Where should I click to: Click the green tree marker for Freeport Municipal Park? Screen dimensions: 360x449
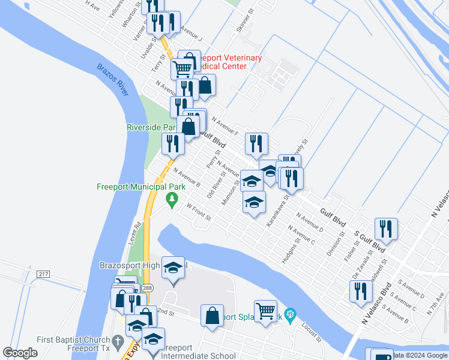tap(173, 199)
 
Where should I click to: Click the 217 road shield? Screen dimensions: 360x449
tap(43, 274)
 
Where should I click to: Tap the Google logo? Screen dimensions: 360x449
tap(20, 353)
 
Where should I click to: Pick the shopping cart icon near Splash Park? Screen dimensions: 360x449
tap(265, 310)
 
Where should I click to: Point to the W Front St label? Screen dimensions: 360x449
tap(199, 212)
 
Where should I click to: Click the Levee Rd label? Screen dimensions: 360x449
tap(138, 231)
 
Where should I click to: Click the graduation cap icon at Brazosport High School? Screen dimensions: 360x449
tap(173, 267)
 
